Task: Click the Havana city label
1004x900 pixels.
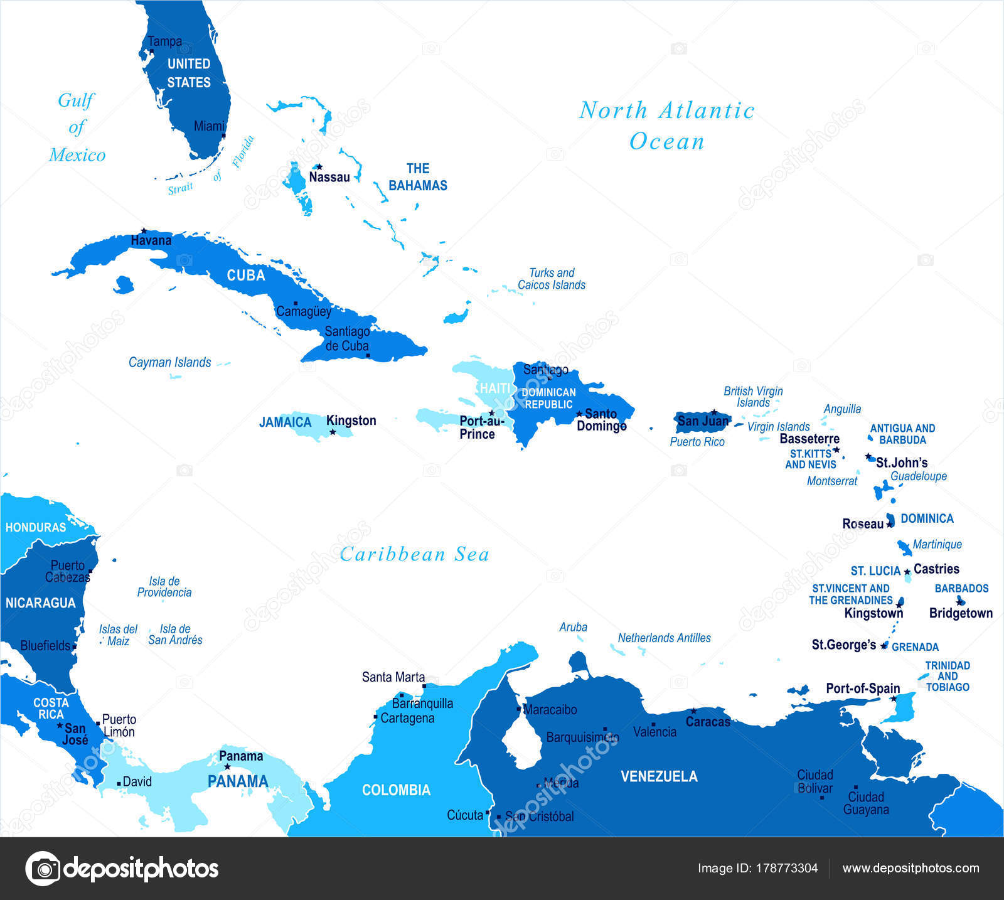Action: click(151, 240)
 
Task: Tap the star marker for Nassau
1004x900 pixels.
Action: click(319, 167)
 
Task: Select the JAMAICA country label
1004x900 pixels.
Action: click(286, 422)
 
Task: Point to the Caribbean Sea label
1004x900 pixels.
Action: click(414, 554)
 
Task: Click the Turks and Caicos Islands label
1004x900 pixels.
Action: click(551, 279)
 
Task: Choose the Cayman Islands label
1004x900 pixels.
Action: click(169, 362)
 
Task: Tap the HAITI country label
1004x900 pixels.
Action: click(495, 388)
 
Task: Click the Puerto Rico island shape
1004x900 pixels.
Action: click(703, 421)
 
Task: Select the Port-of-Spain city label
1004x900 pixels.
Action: click(863, 688)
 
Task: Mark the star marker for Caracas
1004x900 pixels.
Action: click(693, 711)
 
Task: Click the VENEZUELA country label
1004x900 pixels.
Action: click(659, 776)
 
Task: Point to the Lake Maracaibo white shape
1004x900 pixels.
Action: click(521, 741)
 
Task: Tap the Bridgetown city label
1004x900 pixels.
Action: click(961, 613)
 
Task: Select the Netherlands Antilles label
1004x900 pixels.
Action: click(664, 638)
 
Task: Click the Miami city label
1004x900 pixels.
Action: click(209, 126)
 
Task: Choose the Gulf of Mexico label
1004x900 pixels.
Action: click(77, 127)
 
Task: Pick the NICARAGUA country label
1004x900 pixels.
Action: click(40, 603)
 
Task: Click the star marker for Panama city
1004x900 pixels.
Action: click(227, 767)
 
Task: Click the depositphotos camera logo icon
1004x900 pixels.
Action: click(43, 869)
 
